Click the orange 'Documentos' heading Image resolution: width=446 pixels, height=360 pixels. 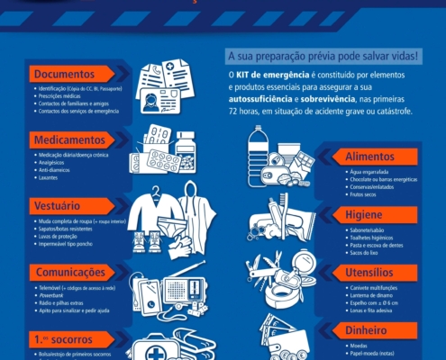coord(65,74)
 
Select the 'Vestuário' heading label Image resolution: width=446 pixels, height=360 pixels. coord(59,205)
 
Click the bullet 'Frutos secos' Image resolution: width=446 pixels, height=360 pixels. coord(362,193)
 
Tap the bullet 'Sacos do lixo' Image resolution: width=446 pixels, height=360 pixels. coord(365,252)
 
